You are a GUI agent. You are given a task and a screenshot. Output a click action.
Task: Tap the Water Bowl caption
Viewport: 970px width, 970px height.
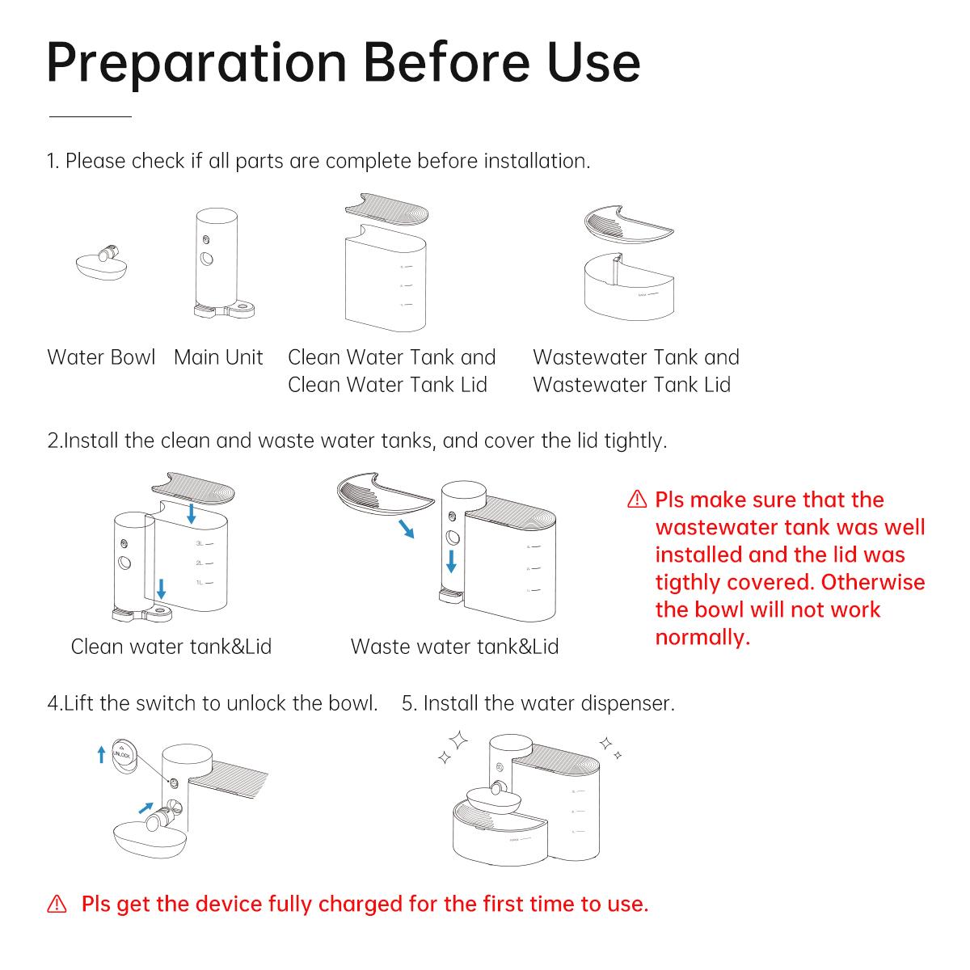[101, 357]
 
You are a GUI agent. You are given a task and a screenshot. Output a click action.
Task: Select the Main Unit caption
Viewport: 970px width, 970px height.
[218, 357]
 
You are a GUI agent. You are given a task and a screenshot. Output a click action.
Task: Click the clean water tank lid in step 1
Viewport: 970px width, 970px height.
[386, 209]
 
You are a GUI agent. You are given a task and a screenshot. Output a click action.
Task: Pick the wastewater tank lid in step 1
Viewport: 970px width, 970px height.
[628, 224]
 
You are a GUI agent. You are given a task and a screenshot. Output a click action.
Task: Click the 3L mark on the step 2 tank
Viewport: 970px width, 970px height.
[205, 544]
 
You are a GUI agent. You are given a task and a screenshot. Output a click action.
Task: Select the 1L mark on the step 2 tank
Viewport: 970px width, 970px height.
[205, 582]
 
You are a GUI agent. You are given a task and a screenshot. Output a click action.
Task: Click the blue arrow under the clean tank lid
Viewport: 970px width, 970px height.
[192, 513]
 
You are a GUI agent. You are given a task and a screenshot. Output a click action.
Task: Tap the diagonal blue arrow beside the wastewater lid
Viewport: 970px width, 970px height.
[407, 529]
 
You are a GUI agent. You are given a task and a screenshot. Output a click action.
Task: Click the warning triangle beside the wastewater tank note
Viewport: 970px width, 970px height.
[637, 499]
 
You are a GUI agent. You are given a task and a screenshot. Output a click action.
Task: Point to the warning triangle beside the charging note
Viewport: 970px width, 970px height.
[57, 904]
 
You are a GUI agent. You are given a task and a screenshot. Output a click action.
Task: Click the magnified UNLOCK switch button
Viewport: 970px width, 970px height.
[124, 755]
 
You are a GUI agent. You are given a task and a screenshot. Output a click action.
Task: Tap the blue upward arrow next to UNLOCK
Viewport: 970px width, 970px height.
[101, 754]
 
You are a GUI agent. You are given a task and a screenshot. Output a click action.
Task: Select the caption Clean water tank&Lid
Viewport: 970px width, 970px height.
[171, 647]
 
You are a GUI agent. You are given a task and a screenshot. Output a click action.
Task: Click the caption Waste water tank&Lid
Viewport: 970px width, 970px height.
[454, 647]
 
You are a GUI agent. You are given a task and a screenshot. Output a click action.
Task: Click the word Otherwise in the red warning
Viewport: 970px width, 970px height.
[873, 582]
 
